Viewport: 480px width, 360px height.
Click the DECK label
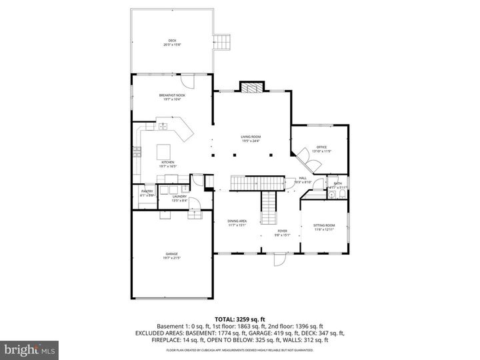pyautogui.click(x=172, y=41)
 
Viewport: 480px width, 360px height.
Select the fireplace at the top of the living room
pyautogui.click(x=251, y=87)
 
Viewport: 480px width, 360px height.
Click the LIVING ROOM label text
pyautogui.click(x=251, y=138)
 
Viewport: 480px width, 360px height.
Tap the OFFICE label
pyautogui.click(x=321, y=148)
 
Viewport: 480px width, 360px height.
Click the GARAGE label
pyautogui.click(x=172, y=255)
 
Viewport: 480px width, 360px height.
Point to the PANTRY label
pyautogui.click(x=147, y=193)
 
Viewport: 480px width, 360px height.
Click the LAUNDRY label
pyautogui.click(x=179, y=197)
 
